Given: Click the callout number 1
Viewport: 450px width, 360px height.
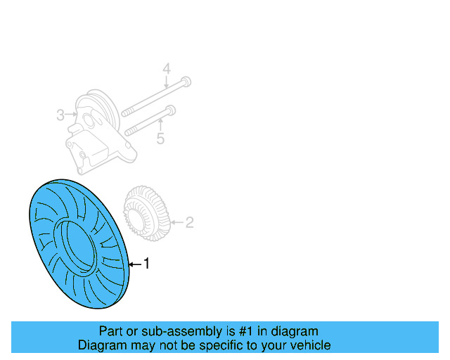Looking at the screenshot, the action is point(147,264).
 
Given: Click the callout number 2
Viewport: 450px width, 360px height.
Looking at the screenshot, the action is point(188,223).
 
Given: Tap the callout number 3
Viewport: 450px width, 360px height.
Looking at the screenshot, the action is point(60,114).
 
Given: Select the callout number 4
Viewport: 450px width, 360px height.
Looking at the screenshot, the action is point(167,69).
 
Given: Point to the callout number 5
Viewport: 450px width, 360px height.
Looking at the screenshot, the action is point(160,139).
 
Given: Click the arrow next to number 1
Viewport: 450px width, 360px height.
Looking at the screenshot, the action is point(135,264).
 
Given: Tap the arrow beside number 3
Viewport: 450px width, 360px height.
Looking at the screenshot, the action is point(71,114).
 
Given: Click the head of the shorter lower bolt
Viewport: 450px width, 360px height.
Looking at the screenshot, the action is point(171,110).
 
